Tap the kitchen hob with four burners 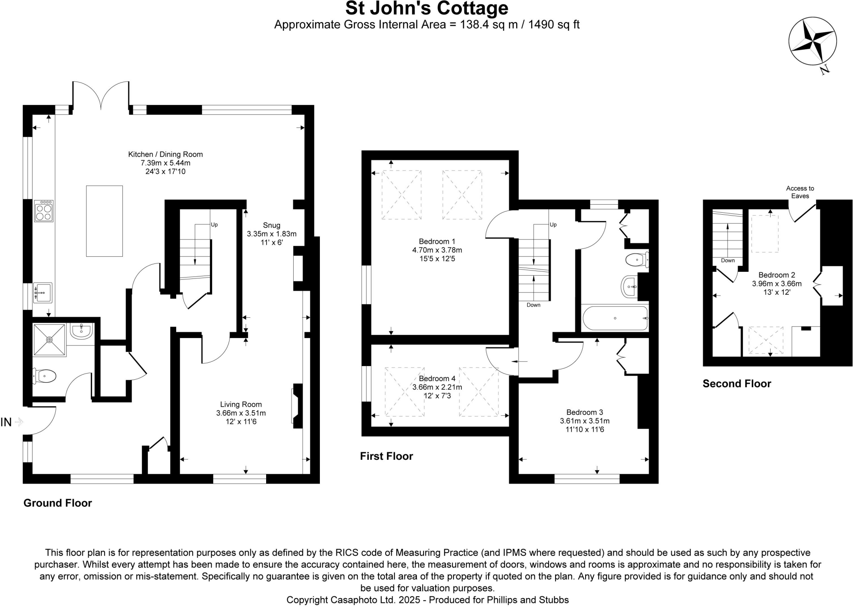44,211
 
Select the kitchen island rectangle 105,221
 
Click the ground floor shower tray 50,340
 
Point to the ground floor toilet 44,376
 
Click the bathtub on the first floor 615,318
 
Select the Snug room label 272,226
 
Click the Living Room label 241,404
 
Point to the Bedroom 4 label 437,379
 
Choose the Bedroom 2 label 777,275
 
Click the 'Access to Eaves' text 800,192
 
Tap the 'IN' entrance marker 6,422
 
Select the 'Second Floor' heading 737,384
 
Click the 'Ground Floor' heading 57,503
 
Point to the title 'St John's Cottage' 427,8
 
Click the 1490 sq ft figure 554,25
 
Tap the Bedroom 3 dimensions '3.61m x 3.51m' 585,421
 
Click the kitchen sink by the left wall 42,293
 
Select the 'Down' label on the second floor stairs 728,261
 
